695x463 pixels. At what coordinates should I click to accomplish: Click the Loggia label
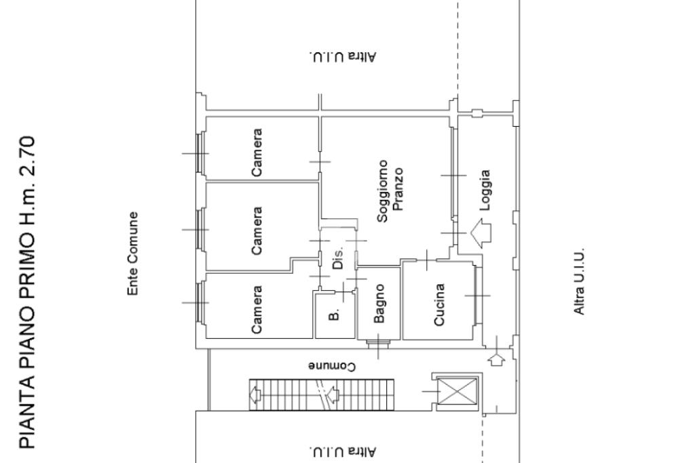pyautogui.click(x=485, y=190)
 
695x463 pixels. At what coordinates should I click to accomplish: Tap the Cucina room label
pyautogui.click(x=439, y=304)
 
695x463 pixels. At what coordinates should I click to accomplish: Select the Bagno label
pyautogui.click(x=379, y=304)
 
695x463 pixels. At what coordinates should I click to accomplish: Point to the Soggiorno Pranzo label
pyautogui.click(x=390, y=190)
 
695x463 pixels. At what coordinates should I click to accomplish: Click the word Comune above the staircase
pyautogui.click(x=332, y=366)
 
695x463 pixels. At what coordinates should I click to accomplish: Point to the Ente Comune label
pyautogui.click(x=132, y=254)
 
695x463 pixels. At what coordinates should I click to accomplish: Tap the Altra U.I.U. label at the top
pyautogui.click(x=342, y=56)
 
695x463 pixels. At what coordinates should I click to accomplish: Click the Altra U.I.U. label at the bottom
pyautogui.click(x=342, y=451)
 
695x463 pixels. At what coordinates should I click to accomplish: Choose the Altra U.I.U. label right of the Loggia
pyautogui.click(x=580, y=281)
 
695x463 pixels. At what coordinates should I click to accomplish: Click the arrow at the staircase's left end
pyautogui.click(x=256, y=393)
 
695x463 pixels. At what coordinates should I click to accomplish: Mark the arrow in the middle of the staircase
pyautogui.click(x=333, y=393)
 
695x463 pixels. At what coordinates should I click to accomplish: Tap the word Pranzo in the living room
pyautogui.click(x=398, y=189)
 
